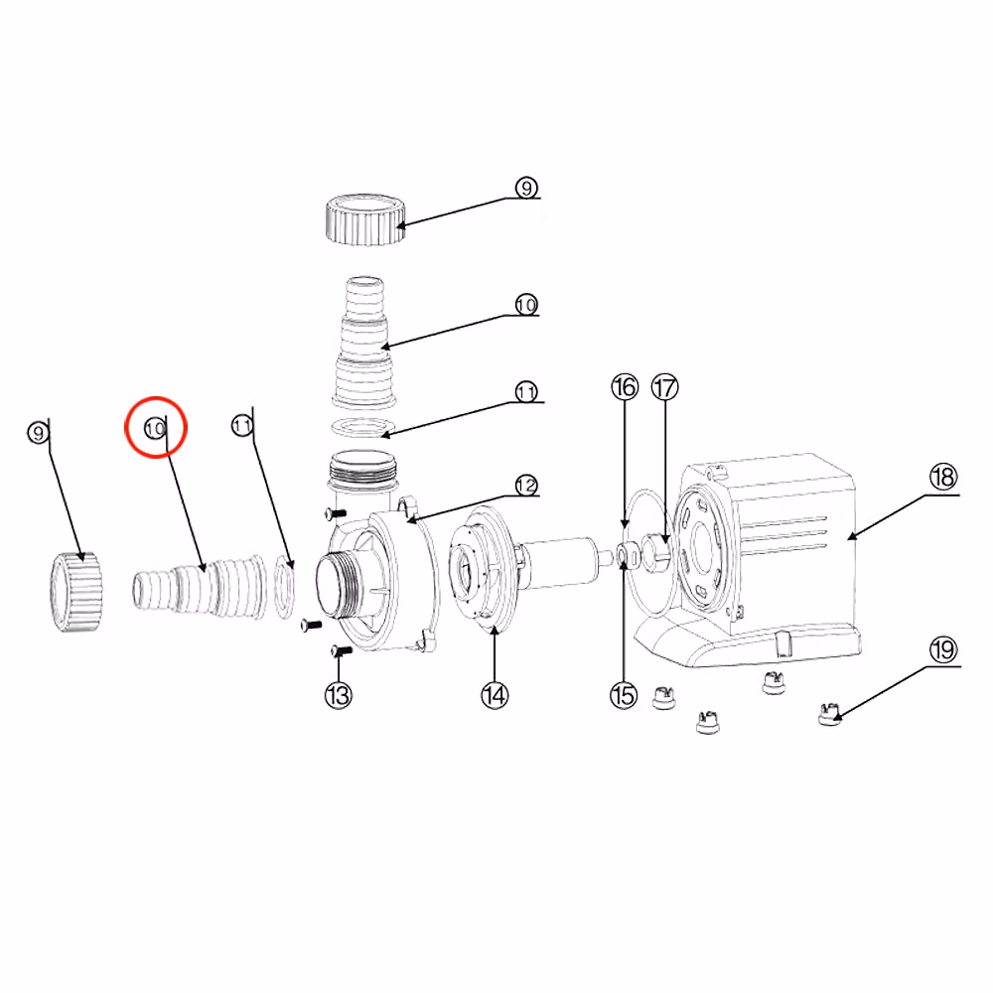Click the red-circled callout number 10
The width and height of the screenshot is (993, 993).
pos(155,429)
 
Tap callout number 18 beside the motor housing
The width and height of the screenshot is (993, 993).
pos(943,477)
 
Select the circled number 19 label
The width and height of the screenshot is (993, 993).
pos(943,649)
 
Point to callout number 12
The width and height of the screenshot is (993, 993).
pos(526,486)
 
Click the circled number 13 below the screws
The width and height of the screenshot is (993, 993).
pos(339,695)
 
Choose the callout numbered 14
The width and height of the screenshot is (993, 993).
pos(495,695)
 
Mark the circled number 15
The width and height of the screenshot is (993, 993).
pos(624,695)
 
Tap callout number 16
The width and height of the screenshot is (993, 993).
pos(625,387)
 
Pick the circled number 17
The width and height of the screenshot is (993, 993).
pos(665,387)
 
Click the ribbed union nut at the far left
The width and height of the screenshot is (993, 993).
pos(76,592)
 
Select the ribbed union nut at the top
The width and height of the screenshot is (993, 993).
pos(365,219)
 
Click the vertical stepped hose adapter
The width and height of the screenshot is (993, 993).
pos(364,342)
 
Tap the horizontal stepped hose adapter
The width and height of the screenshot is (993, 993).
pos(199,587)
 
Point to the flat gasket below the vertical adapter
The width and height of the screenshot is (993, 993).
pos(363,428)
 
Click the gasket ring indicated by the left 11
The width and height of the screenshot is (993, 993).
pos(286,587)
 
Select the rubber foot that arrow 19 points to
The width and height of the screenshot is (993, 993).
pos(829,714)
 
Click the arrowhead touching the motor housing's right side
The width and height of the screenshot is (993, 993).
pos(852,536)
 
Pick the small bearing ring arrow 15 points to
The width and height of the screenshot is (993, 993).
pos(623,555)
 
